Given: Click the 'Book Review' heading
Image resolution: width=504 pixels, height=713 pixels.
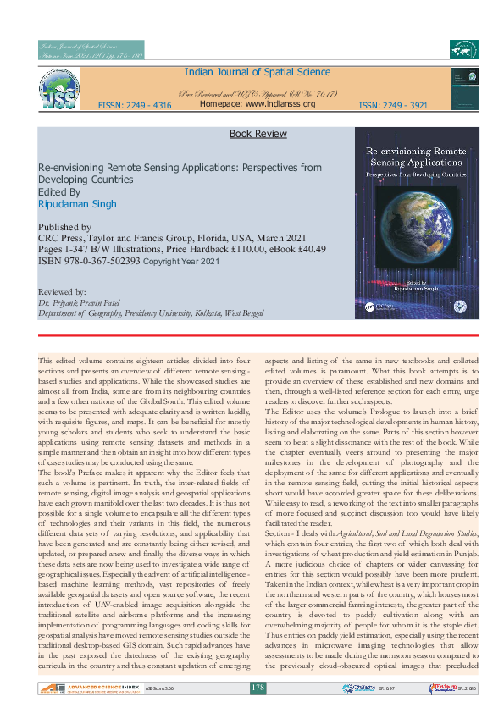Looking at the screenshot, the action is pos(258,134).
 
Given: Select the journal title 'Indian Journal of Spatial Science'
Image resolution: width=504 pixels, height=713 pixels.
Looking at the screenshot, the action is pos(257,73).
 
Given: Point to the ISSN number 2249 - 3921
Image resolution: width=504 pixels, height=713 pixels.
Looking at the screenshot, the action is pos(392,106).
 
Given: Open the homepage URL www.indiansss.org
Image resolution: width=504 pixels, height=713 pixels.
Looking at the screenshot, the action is pos(258,104).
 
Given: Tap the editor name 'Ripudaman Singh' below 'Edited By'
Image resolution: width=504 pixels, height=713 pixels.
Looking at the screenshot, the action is pos(78,204).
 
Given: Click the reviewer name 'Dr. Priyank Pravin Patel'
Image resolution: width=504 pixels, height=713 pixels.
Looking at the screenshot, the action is pos(85,302).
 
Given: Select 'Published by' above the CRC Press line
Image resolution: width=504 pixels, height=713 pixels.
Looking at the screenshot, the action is pos(65,227).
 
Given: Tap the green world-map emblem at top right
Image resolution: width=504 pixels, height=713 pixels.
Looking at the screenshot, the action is pos(463,50).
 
